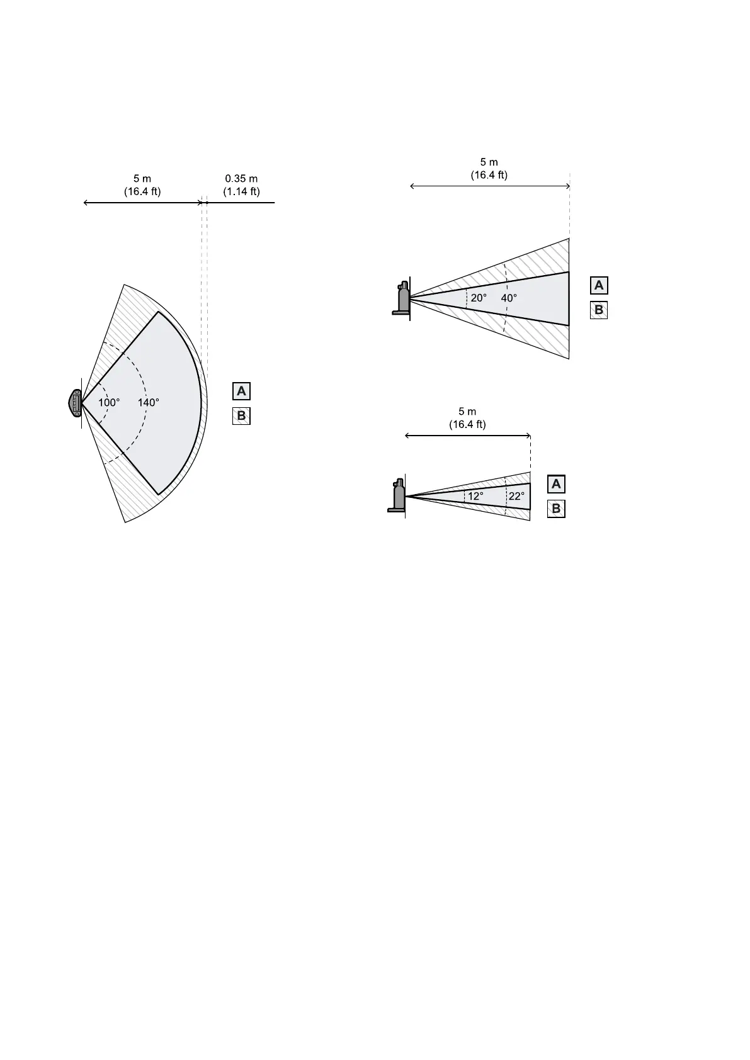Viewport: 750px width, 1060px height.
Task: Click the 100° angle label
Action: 109,402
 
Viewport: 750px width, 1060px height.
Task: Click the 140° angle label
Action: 148,402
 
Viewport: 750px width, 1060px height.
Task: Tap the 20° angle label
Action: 479,298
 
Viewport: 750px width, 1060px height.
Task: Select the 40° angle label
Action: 509,298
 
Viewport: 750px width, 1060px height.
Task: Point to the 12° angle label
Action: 476,496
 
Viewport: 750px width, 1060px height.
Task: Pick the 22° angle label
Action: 516,496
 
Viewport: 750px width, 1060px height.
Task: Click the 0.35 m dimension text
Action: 241,178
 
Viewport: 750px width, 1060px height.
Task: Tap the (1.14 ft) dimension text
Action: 241,191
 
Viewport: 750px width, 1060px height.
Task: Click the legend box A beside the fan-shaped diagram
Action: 241,392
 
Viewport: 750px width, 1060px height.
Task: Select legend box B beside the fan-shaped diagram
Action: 241,416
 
